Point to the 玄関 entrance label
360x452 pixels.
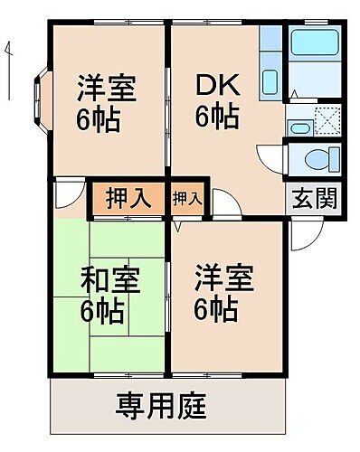point(314,197)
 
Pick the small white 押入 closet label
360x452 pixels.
point(187,198)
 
